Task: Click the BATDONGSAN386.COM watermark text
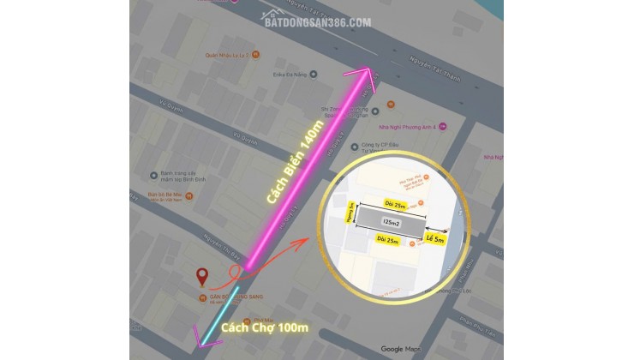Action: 316,21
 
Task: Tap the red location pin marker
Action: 202,277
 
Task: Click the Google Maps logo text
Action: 400,348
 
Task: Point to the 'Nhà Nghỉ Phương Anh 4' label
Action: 410,126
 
